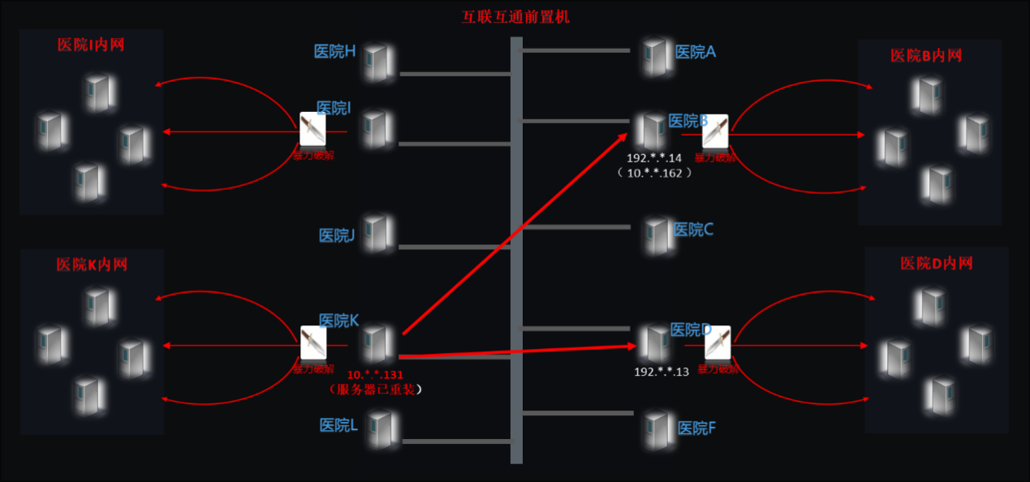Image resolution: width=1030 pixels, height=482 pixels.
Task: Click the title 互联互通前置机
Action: [x=515, y=16]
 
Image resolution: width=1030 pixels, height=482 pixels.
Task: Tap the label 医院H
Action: [x=334, y=51]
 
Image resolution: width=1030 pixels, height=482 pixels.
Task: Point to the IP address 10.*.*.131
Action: [x=375, y=375]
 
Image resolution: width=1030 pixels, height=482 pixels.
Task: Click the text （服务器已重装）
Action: [x=375, y=389]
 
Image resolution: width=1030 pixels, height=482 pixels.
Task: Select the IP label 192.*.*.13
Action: [x=661, y=371]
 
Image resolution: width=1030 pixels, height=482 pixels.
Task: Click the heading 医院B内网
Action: [x=925, y=55]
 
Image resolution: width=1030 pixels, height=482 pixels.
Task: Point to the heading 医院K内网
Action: [x=92, y=264]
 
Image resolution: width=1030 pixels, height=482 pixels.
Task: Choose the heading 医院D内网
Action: [x=936, y=263]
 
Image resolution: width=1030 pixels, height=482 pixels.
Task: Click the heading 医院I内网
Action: [x=91, y=45]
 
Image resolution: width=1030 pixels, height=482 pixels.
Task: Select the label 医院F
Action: [x=696, y=428]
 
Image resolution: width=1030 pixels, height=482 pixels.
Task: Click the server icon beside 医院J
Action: [x=377, y=233]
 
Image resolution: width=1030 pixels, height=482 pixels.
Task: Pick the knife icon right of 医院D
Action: [x=717, y=343]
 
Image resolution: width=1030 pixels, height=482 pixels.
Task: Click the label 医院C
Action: [x=693, y=230]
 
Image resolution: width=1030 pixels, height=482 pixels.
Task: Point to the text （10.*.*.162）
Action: [x=654, y=173]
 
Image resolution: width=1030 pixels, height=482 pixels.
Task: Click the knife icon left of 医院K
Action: [x=312, y=343]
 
